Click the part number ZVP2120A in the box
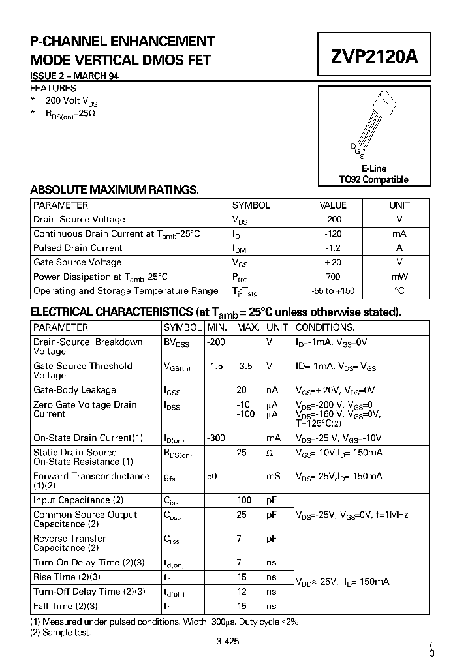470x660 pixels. tap(373, 57)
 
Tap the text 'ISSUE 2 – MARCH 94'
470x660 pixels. tap(74, 76)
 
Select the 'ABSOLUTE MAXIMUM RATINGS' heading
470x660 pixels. tap(114, 190)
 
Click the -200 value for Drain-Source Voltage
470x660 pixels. tap(332, 220)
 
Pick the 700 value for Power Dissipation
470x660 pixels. tap(332, 277)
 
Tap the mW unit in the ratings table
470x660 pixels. tap(399, 277)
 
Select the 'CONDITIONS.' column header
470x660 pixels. tap(325, 327)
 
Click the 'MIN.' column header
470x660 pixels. tap(217, 327)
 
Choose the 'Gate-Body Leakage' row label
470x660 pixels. tap(74, 390)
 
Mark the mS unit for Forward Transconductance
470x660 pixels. tap(273, 477)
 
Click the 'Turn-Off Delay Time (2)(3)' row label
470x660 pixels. tap(89, 592)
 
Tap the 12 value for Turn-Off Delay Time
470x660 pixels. tap(242, 592)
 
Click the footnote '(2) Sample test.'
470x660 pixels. tap(61, 632)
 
